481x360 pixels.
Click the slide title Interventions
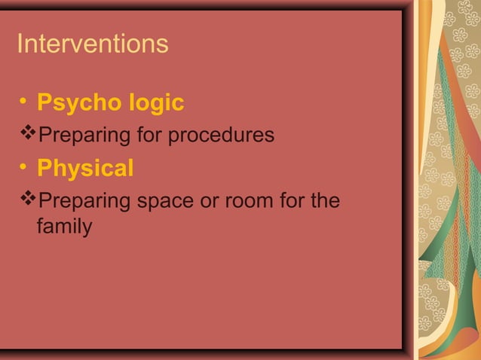92,44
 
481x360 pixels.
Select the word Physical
85,169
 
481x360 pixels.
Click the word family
64,226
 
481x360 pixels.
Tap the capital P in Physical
44,169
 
